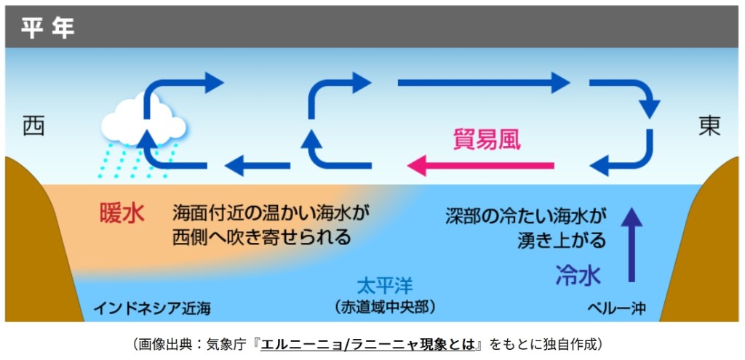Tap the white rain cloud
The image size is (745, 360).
pos(142,122)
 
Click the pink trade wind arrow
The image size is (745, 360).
pos(480,166)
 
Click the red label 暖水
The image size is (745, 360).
pos(121,214)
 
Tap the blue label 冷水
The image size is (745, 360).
pos(578,275)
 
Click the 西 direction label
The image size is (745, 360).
pos(33,125)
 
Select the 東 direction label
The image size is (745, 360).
pos(709,125)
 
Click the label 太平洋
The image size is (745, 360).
pos(385,284)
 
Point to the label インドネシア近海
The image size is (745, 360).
pos(151,308)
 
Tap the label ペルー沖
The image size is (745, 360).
pos(616,308)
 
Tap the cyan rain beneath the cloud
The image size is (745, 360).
pos(138,161)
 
